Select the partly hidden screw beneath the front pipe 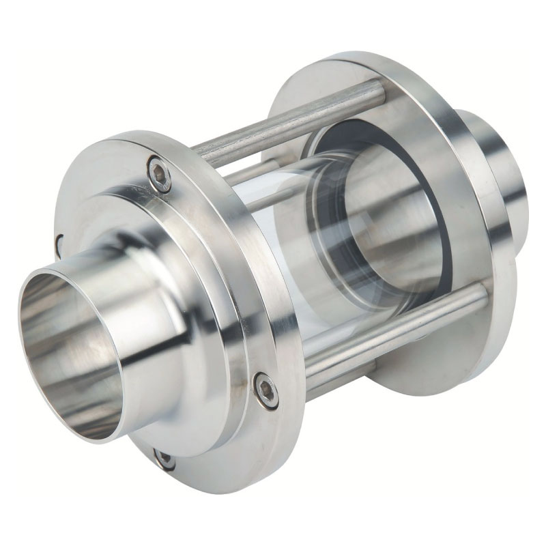tap(164, 459)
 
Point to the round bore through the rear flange tap(396, 225)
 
